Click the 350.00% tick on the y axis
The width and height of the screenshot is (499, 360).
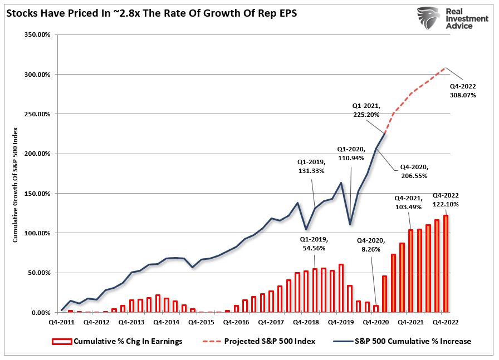point(37,34)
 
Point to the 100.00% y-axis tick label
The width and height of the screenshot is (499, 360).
point(37,233)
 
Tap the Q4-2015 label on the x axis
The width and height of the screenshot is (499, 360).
point(200,322)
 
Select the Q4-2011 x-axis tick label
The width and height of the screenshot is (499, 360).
point(62,322)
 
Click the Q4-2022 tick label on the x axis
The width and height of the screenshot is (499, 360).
point(442,322)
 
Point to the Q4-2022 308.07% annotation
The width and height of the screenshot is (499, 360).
point(463,91)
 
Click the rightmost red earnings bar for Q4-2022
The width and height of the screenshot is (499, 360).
point(445,264)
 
